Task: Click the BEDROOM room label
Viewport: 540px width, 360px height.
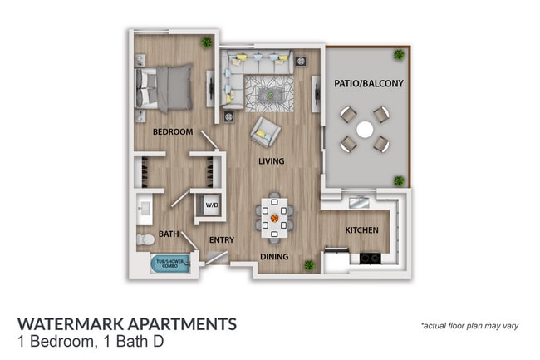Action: pos(173,132)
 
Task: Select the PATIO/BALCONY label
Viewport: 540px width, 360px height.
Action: pos(368,84)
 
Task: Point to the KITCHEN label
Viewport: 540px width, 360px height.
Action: pos(361,230)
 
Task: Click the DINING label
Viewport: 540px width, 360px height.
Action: pos(273,257)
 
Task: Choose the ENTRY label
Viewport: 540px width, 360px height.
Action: pos(221,240)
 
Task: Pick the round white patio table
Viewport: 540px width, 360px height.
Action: pos(365,129)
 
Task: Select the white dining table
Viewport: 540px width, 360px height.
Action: pos(273,216)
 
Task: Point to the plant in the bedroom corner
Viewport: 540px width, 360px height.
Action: pos(206,42)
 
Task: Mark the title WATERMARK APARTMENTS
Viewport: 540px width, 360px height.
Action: pos(126,323)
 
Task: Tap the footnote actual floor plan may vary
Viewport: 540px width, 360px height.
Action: pos(469,325)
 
